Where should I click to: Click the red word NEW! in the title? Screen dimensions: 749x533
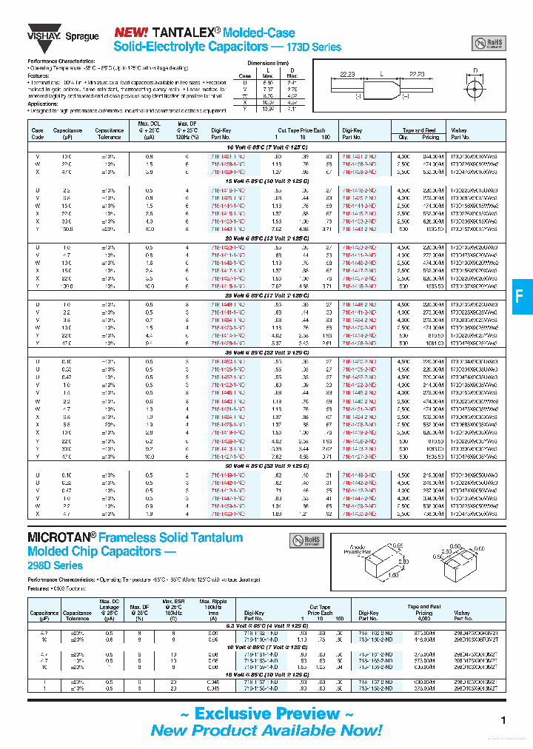click(x=131, y=33)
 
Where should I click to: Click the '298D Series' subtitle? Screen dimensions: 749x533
click(x=55, y=565)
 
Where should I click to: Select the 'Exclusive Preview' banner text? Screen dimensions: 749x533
click(x=266, y=713)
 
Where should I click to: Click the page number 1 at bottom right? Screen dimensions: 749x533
click(x=503, y=720)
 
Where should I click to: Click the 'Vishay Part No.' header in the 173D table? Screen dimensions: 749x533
click(x=460, y=133)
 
